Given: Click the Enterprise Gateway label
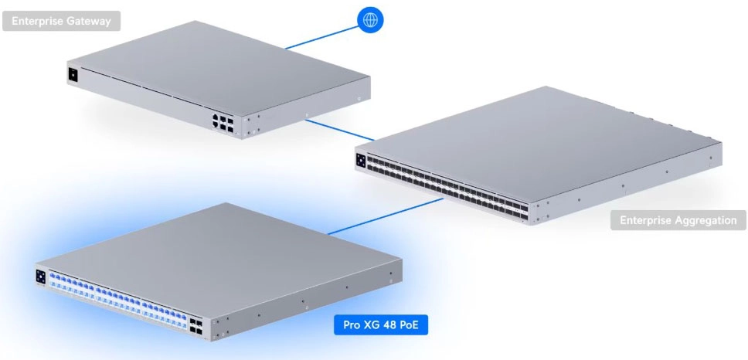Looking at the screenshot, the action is click(62, 21).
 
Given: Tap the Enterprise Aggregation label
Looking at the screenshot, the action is click(678, 220).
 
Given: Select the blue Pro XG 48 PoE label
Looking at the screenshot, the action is click(381, 324).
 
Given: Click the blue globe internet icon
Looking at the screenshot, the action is click(370, 20).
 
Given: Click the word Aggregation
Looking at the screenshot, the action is click(707, 221).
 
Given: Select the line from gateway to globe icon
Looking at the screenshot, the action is click(321, 38).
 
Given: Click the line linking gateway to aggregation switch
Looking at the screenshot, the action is click(339, 131).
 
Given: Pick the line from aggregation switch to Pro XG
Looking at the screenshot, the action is click(386, 216).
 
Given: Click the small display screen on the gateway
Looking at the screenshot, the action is click(73, 75).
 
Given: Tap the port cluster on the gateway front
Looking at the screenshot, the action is click(223, 123).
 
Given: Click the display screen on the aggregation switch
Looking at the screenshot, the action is click(361, 160).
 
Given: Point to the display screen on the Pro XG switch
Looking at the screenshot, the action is click(40, 277).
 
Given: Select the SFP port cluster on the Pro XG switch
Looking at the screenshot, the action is click(195, 326).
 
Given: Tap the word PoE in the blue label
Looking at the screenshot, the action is click(406, 325).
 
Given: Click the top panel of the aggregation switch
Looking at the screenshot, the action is click(539, 143).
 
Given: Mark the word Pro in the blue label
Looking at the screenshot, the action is click(350, 325).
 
